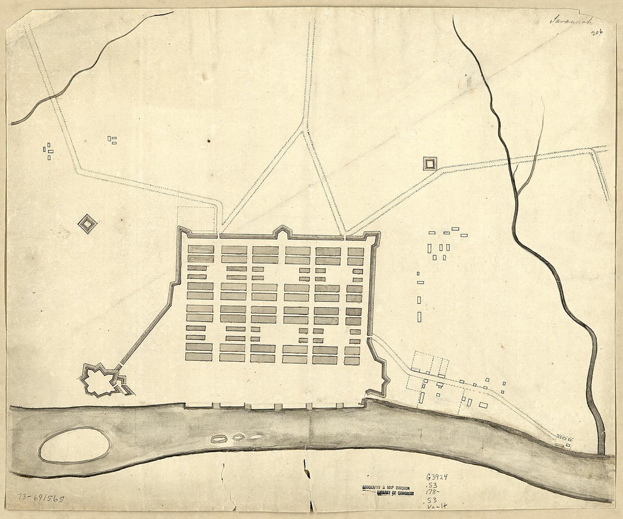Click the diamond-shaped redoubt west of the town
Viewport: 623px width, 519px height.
coord(87,224)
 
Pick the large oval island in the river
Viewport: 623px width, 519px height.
coord(75,445)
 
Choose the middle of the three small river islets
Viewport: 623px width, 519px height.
coord(238,437)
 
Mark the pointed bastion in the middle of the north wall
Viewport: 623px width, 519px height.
coord(281,231)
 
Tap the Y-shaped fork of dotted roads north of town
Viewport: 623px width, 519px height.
coord(305,131)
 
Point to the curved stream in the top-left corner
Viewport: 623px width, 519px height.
coord(91,65)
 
